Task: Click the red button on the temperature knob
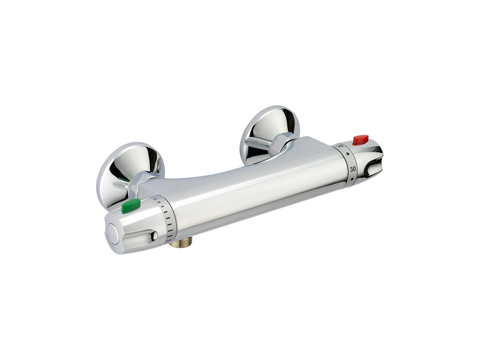pos(360,140)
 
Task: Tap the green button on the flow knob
pos(130,205)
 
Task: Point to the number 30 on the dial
pos(352,169)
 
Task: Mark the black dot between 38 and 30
pos(349,154)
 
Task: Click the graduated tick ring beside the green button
pos(167,217)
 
